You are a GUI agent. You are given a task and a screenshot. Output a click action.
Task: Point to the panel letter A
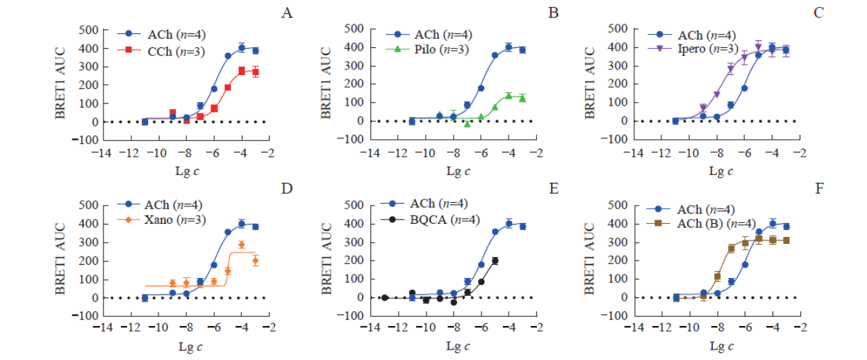coord(286,13)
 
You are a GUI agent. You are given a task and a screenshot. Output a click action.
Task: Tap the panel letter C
coord(819,13)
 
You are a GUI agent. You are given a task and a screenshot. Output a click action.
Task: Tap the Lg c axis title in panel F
coord(720,345)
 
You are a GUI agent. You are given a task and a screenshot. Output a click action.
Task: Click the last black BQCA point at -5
coord(495,261)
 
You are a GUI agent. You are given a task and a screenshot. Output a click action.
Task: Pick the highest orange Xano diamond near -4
coord(242,245)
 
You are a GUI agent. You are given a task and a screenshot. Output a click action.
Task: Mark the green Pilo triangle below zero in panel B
coord(467,124)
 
